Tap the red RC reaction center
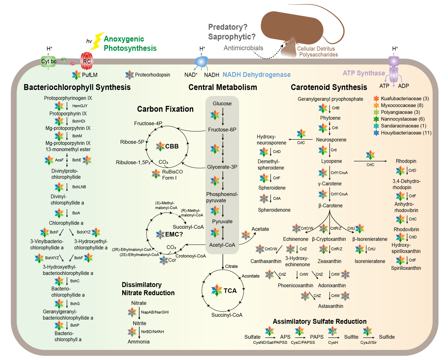pyautogui.click(x=87, y=61)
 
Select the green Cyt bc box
pyautogui.click(x=49, y=61)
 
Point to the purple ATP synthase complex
pyautogui.click(x=394, y=70)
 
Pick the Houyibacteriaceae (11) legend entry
pyautogui.click(x=406, y=133)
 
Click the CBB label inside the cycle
pyautogui.click(x=172, y=146)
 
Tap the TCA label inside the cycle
pyautogui.click(x=230, y=291)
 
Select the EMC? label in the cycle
pyautogui.click(x=174, y=234)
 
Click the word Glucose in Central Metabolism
pyautogui.click(x=222, y=103)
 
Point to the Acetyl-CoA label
pyautogui.click(x=222, y=245)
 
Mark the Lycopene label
pyautogui.click(x=331, y=161)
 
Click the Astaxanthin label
pyautogui.click(x=330, y=306)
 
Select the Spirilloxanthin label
pyautogui.click(x=406, y=268)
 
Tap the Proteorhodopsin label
pyautogui.click(x=153, y=75)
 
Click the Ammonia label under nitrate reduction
pyautogui.click(x=139, y=342)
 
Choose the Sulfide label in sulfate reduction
pyautogui.click(x=387, y=337)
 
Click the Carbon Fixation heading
pyautogui.click(x=165, y=109)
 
